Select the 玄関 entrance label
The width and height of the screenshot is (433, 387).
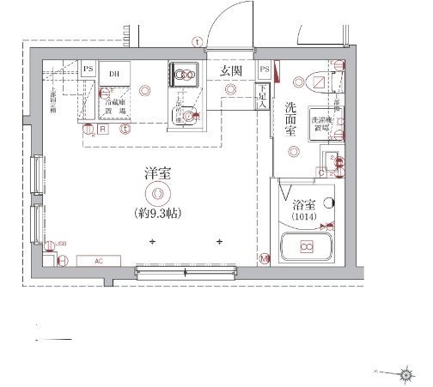229,70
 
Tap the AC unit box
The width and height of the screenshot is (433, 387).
98,261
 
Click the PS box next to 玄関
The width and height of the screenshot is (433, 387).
265,70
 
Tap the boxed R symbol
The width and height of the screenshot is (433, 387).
102,129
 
